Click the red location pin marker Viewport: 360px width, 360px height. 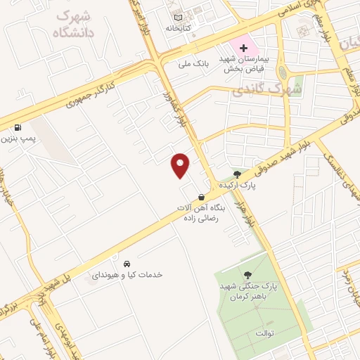click(x=181, y=164)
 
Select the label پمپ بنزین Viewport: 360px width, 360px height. click(x=18, y=141)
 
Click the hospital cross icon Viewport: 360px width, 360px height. click(x=243, y=49)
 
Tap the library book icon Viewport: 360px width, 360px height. click(x=178, y=17)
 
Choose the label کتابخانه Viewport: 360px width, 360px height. click(x=179, y=30)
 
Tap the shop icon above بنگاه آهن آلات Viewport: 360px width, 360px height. click(x=202, y=198)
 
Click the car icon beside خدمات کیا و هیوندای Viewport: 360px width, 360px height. click(x=125, y=263)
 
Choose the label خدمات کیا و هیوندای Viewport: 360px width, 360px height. click(x=127, y=274)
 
